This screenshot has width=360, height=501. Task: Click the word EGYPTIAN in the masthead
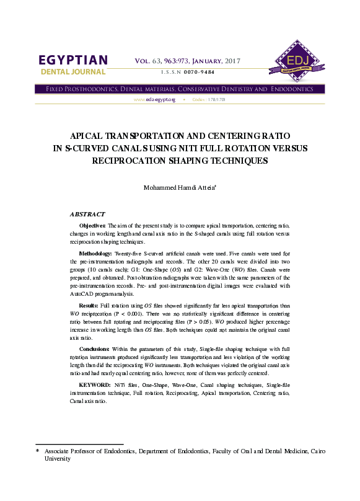click(73, 60)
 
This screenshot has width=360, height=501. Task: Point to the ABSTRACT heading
click(87, 214)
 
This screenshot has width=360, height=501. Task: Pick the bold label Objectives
click(93, 226)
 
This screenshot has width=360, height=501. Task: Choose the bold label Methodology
click(95, 254)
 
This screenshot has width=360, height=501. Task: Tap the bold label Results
click(88, 306)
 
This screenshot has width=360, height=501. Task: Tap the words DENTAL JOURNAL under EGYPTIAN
click(73, 73)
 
